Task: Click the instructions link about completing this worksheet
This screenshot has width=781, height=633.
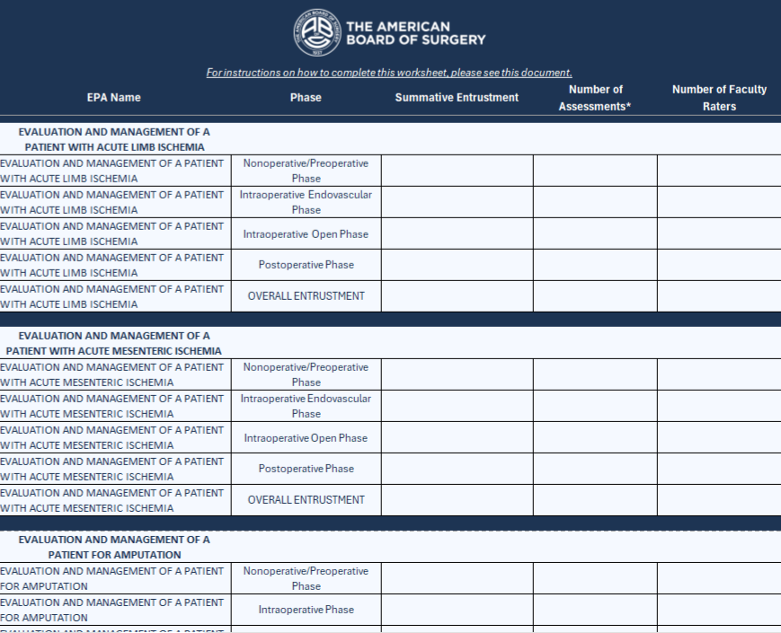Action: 389,73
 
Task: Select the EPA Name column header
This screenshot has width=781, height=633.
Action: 113,98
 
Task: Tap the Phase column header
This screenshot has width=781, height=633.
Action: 306,98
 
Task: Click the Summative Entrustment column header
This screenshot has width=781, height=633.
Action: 457,98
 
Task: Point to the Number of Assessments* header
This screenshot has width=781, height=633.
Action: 594,98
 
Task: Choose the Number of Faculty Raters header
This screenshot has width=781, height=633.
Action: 719,98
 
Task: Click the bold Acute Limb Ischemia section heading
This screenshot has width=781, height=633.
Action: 114,139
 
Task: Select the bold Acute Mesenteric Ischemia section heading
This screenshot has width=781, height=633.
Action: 114,343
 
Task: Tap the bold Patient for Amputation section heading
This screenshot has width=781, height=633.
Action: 114,547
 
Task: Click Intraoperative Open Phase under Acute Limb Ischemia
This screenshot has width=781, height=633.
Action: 306,234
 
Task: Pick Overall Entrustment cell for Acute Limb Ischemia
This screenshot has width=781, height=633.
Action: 306,296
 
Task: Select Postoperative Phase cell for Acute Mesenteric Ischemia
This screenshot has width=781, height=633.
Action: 306,469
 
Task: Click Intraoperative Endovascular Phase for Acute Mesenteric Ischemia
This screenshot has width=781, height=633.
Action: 306,406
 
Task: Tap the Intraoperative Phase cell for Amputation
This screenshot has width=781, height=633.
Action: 306,610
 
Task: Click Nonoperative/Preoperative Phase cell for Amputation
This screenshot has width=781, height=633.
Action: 306,578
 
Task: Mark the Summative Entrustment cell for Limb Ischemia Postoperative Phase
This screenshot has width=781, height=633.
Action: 457,265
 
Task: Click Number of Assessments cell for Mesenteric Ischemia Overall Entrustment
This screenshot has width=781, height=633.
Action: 594,500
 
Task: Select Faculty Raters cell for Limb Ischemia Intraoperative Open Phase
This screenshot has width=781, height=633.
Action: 719,234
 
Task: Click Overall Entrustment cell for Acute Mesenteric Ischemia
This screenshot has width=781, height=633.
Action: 306,500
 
